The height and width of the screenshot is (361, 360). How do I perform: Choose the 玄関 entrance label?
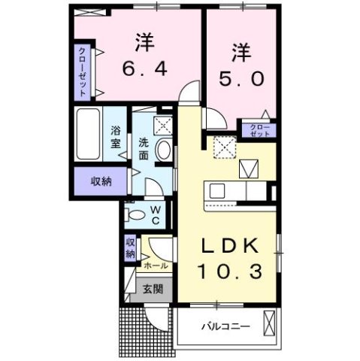click(153, 289)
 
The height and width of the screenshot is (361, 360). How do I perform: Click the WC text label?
click(155, 215)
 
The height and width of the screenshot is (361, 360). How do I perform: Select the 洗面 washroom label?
click(143, 144)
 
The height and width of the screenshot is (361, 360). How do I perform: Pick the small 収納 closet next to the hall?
click(130, 248)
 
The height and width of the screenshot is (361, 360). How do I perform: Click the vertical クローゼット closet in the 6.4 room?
click(82, 72)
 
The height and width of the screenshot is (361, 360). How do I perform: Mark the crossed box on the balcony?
click(269, 326)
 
